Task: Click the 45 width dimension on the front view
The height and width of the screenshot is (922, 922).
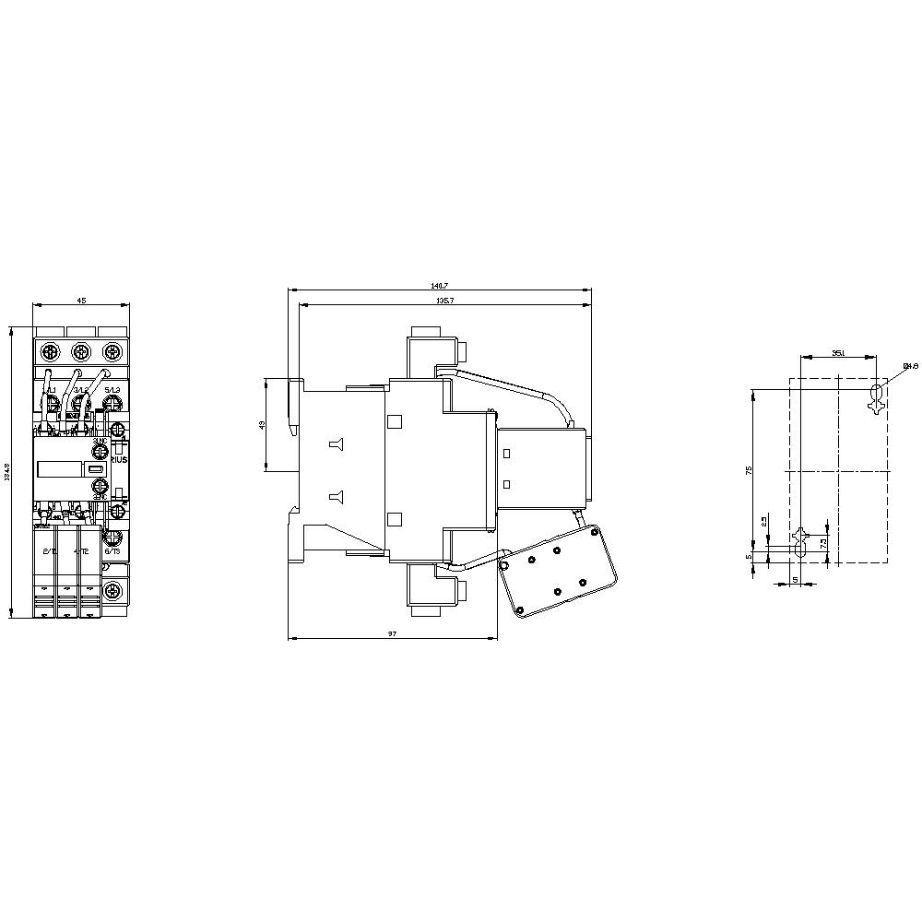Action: coord(81,300)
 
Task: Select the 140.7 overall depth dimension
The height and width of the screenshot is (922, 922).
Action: coord(439,285)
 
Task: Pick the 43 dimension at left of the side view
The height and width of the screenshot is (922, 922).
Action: coord(262,425)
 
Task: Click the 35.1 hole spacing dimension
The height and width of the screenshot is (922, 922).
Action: coord(837,353)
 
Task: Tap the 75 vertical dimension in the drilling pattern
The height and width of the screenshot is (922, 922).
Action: coord(749,470)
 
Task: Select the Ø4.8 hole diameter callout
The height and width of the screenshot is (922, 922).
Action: coord(911,366)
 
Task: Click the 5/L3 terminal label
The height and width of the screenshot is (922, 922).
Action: coord(112,390)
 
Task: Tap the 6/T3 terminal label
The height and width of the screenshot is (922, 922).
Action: coord(112,550)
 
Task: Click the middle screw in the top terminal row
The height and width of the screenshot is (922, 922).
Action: coord(80,352)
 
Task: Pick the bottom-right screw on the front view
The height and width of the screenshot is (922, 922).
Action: coord(112,591)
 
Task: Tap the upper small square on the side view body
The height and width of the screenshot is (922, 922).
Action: coord(395,421)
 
